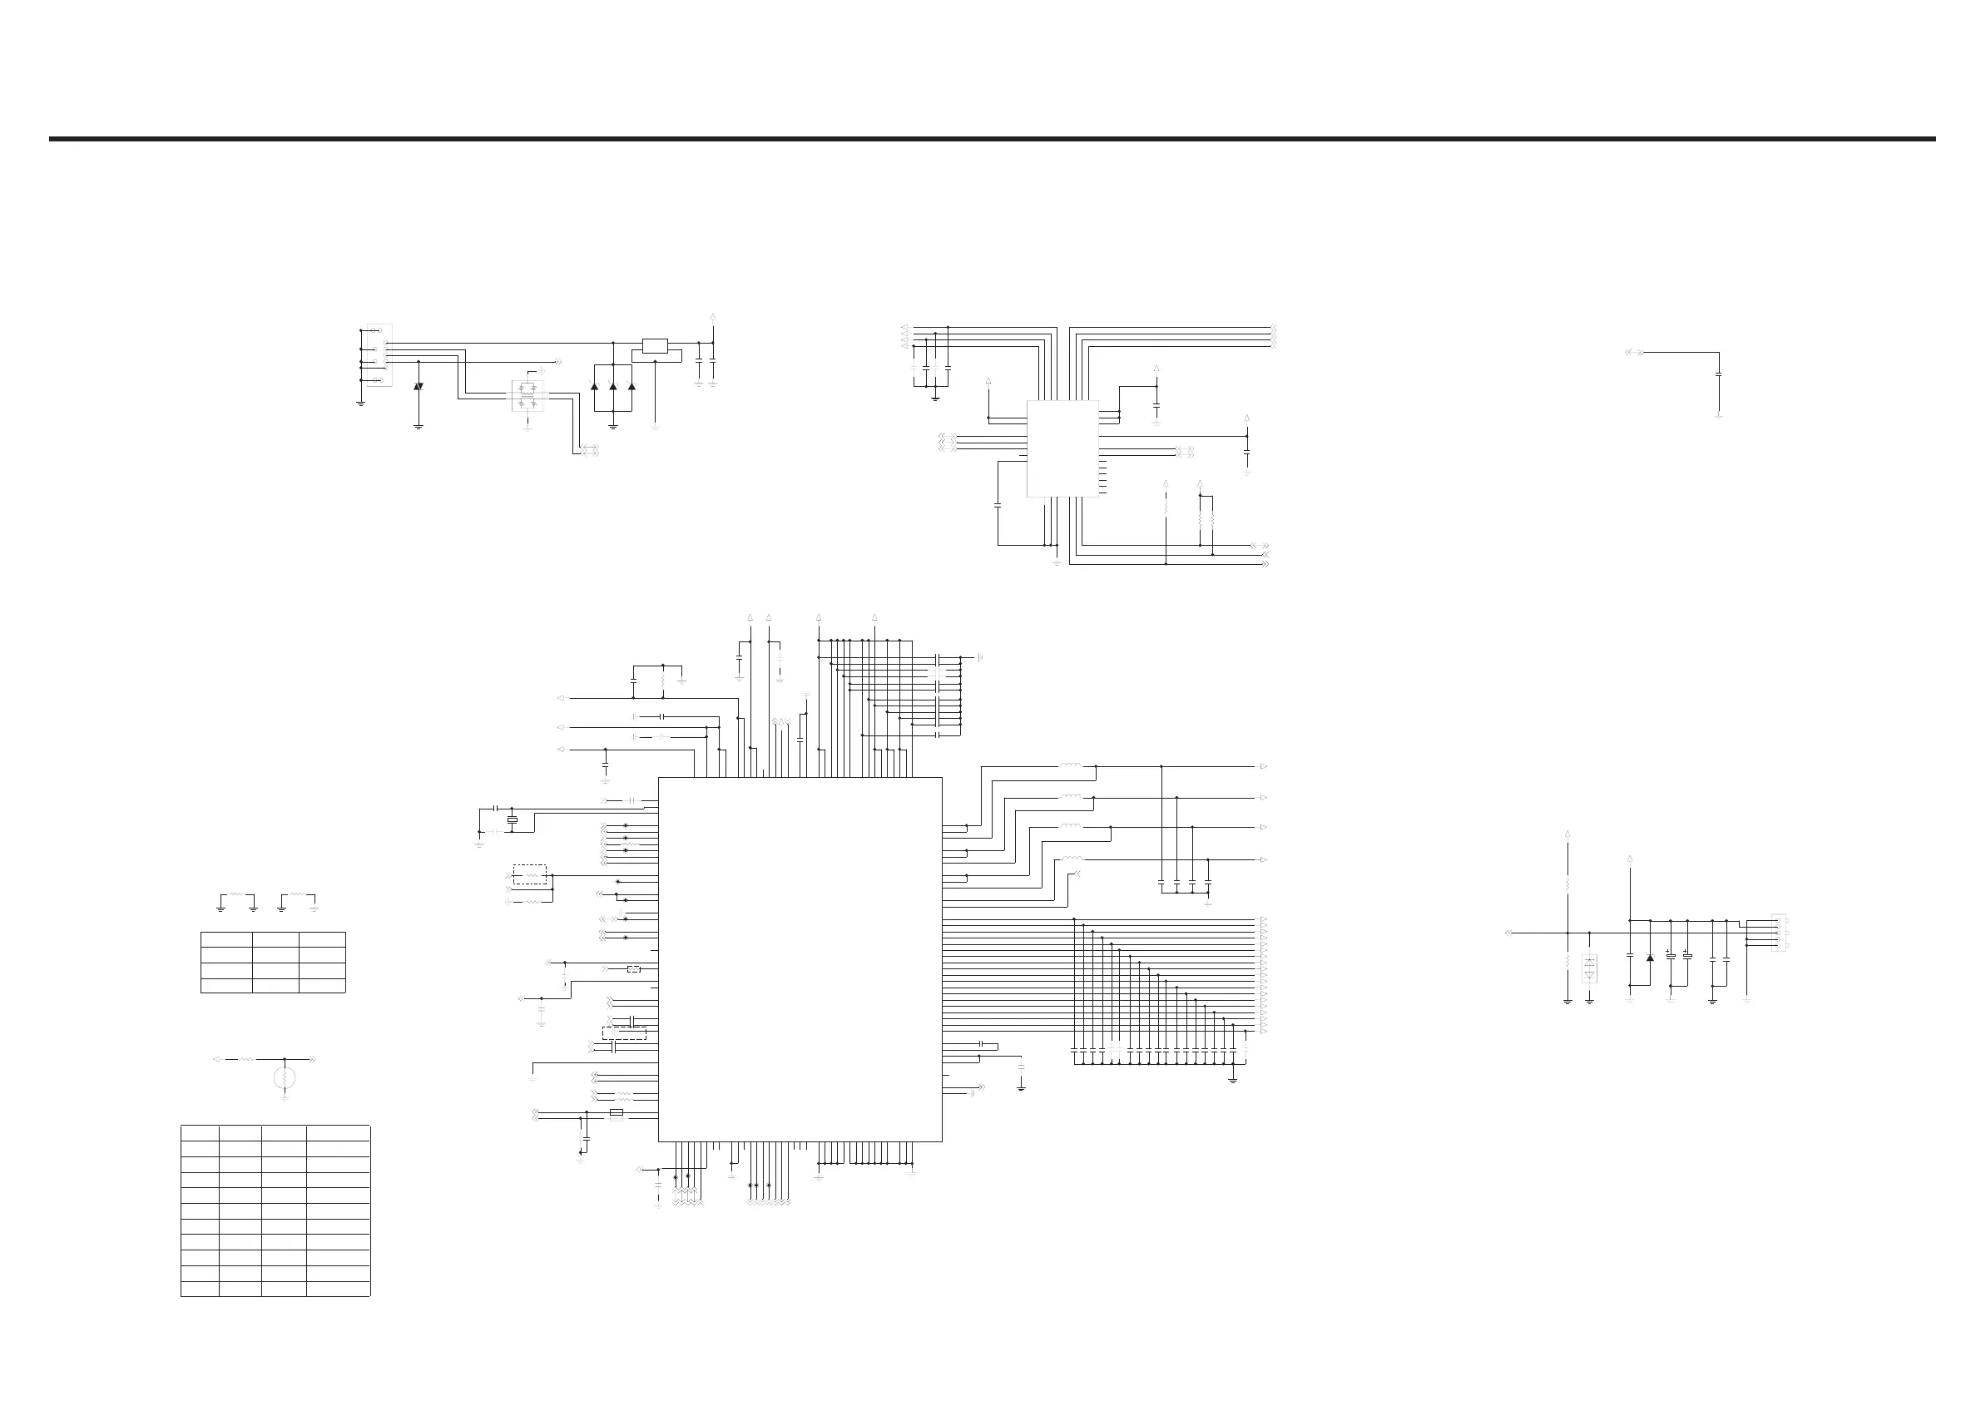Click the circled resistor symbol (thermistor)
pyautogui.click(x=285, y=1077)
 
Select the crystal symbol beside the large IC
pyautogui.click(x=512, y=819)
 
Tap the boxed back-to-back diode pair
pyautogui.click(x=1589, y=968)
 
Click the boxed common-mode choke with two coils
pyautogui.click(x=527, y=395)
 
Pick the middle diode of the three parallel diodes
pyautogui.click(x=612, y=386)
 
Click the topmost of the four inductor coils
pyautogui.click(x=1071, y=765)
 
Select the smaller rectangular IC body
pyautogui.click(x=1062, y=448)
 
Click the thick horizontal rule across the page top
pyautogui.click(x=993, y=138)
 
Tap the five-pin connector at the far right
pyautogui.click(x=1778, y=933)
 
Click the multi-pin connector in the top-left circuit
pyautogui.click(x=379, y=354)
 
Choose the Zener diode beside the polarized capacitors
pyautogui.click(x=1650, y=956)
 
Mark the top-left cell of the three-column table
pyautogui.click(x=226, y=939)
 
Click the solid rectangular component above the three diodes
pyautogui.click(x=655, y=347)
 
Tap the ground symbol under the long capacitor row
pyautogui.click(x=1232, y=1079)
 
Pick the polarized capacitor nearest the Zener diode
pyautogui.click(x=1671, y=956)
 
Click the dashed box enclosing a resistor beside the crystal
pyautogui.click(x=530, y=874)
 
